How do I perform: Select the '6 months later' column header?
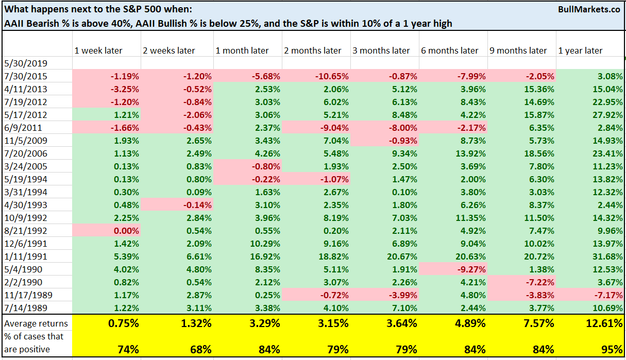pos(450,50)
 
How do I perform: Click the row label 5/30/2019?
pos(25,64)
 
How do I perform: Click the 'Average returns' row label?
pos(36,323)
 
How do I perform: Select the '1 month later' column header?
pos(242,50)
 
